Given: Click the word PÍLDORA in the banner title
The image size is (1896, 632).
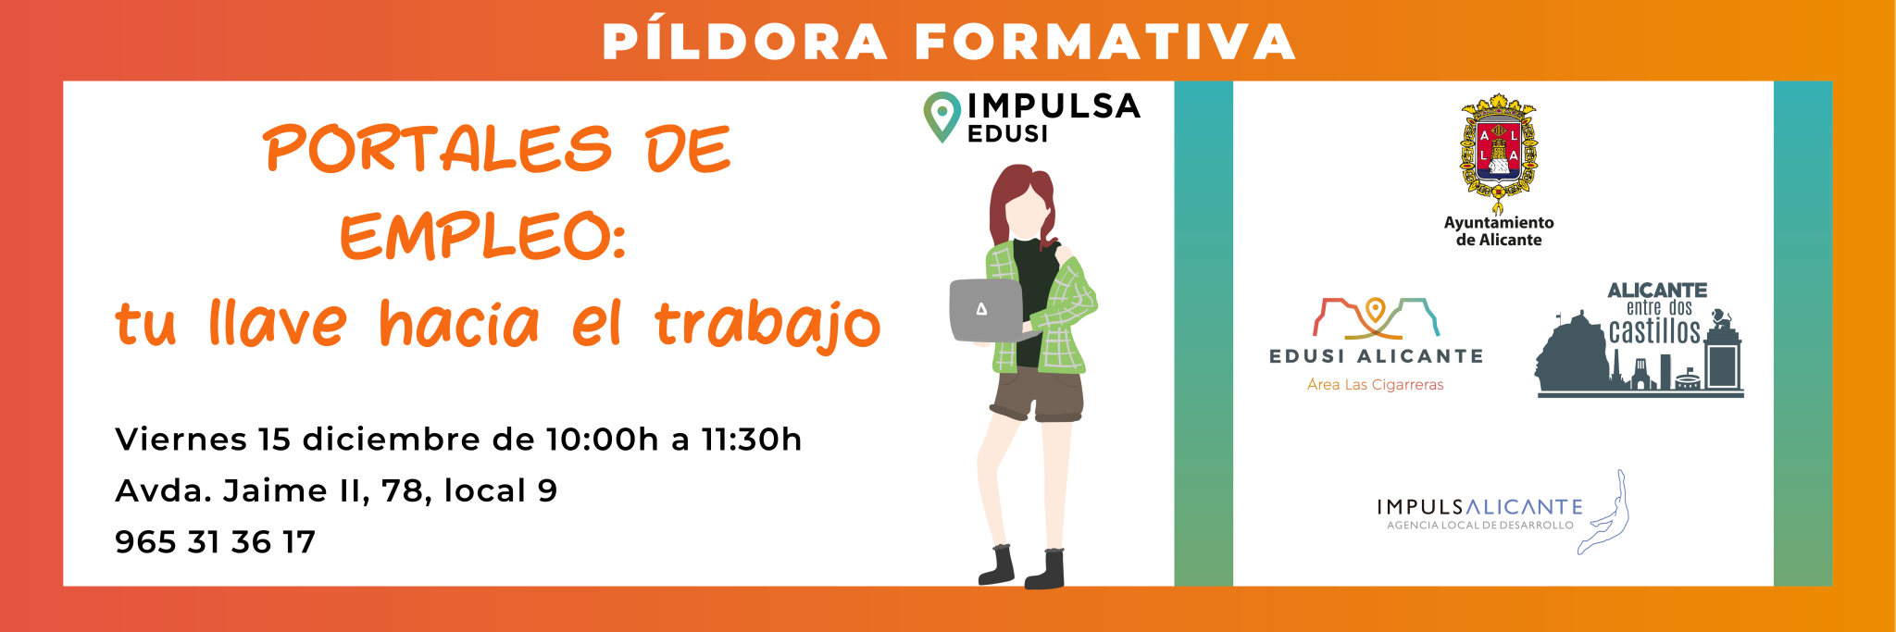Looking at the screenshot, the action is [745, 42].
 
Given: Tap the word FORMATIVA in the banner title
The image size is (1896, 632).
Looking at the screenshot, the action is [1105, 43].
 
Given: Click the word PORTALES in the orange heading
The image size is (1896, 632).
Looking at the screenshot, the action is [438, 149].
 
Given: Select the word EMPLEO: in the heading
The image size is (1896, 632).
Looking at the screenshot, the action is [483, 236].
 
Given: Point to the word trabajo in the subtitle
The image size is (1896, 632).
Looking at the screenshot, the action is [767, 324].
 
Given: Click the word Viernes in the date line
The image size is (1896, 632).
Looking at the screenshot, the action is [181, 440].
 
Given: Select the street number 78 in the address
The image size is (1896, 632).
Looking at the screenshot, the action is [402, 490].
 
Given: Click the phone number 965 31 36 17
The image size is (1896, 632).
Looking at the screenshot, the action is [215, 542].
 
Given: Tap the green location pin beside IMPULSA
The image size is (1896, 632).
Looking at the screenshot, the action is [942, 117].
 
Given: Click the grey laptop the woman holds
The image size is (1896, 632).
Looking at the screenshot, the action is [986, 309].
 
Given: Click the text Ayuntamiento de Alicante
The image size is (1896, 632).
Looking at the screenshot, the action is [1499, 231].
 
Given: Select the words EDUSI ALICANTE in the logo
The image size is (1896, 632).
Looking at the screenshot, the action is [1376, 356].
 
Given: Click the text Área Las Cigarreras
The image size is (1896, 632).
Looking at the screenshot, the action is [1375, 385].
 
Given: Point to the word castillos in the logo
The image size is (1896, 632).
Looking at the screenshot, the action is [1654, 331].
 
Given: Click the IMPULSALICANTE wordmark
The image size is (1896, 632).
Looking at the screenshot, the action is [1479, 507].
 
